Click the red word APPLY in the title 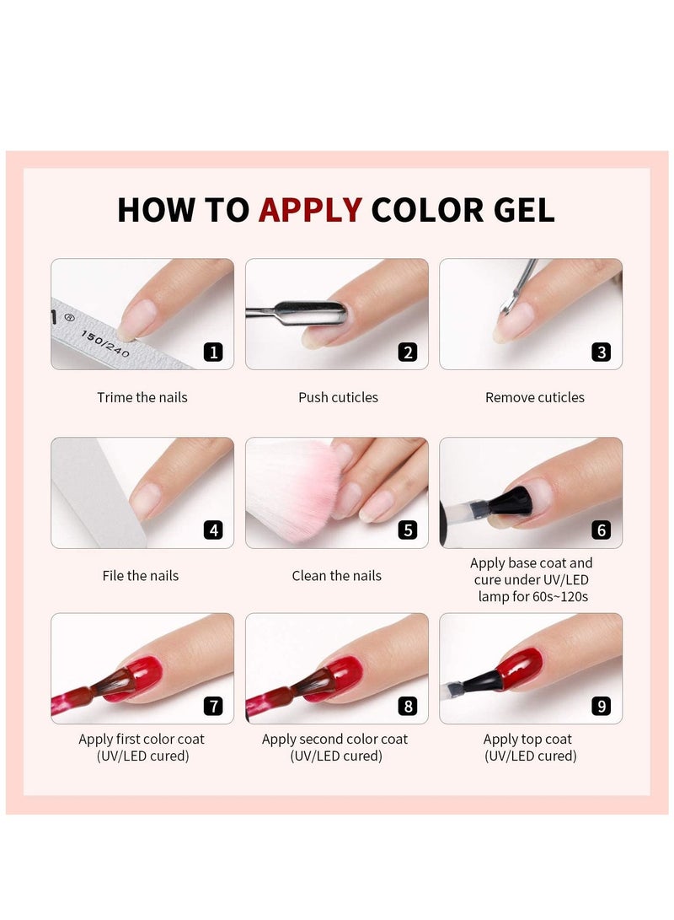click(x=310, y=210)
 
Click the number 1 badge click(x=213, y=352)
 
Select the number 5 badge click(x=408, y=530)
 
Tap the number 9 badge click(x=601, y=706)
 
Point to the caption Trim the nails click(x=142, y=397)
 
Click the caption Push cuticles click(x=338, y=397)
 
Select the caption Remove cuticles click(x=534, y=397)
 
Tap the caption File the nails click(x=141, y=576)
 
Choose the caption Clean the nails click(x=336, y=576)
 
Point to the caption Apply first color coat click(x=142, y=740)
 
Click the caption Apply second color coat click(x=334, y=740)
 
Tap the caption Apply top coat click(x=527, y=740)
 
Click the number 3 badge click(x=601, y=352)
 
